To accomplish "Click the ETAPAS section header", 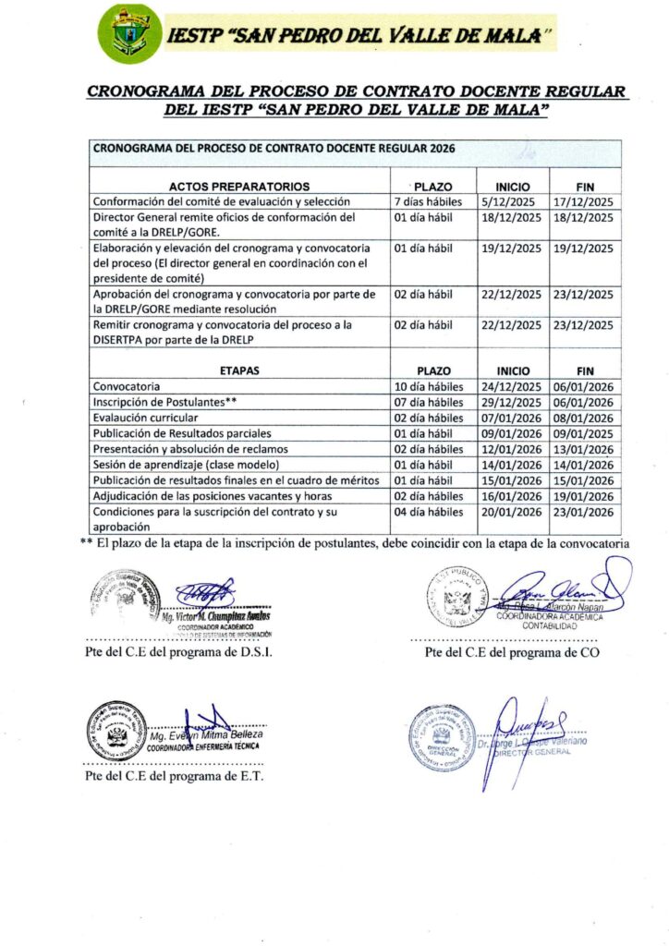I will click(240, 370).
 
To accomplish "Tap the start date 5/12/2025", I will click(504, 201).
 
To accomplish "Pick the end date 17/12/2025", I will click(583, 201).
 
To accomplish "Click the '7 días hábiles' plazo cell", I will click(429, 201).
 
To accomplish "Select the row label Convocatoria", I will click(127, 385).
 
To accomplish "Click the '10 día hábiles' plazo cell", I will click(429, 385).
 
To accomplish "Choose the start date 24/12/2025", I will click(508, 385).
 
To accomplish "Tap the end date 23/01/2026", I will click(583, 511).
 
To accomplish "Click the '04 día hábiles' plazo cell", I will click(429, 511).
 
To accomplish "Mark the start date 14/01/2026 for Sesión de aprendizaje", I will click(508, 464).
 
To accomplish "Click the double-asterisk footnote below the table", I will click(355, 543).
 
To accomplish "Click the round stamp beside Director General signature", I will click(442, 737).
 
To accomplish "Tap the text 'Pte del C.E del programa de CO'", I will click(512, 653).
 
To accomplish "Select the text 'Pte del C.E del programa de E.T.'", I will click(174, 776).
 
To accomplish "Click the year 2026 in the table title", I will click(438, 148).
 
